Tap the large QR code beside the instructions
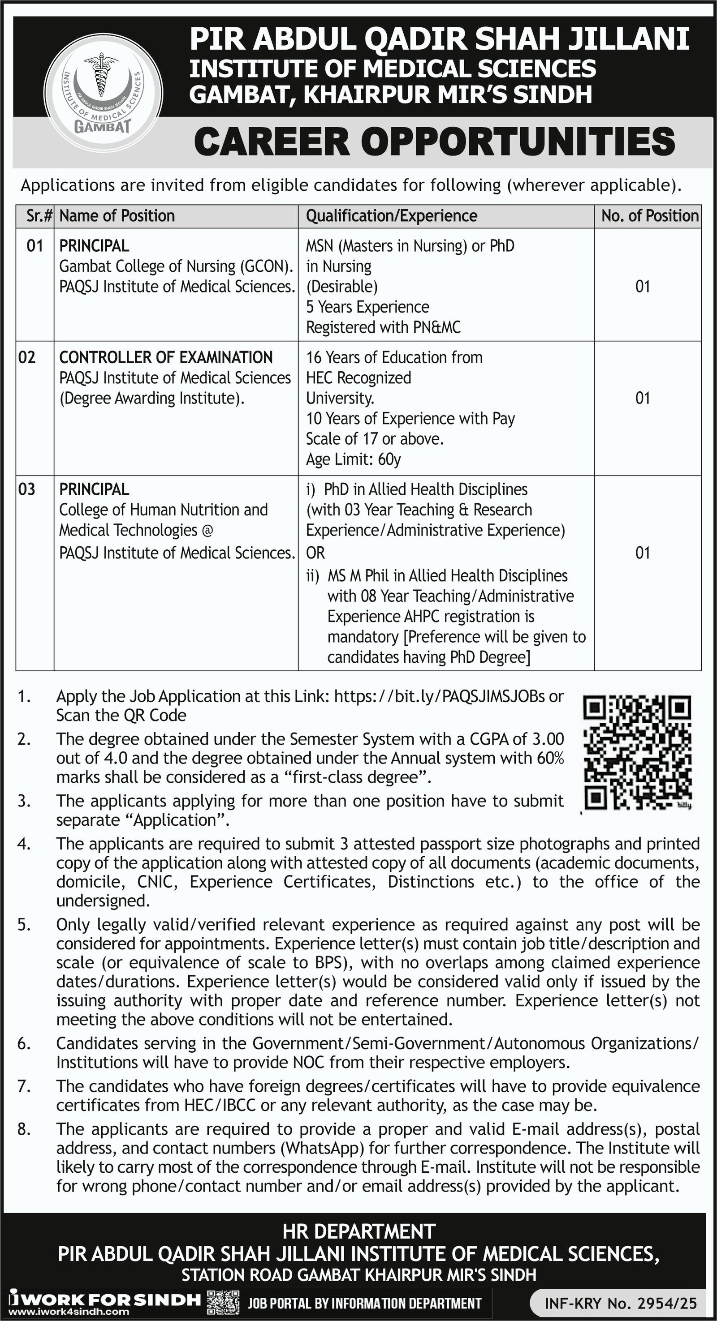[637, 752]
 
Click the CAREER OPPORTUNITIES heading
[434, 142]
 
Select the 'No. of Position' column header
[650, 216]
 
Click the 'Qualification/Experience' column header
[391, 216]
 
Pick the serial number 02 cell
[27, 357]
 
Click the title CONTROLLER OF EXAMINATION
[166, 357]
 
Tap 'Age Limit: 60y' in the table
[353, 459]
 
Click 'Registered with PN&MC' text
[383, 327]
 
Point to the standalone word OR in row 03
[315, 553]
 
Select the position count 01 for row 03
[643, 553]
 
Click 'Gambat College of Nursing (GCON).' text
[176, 266]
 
